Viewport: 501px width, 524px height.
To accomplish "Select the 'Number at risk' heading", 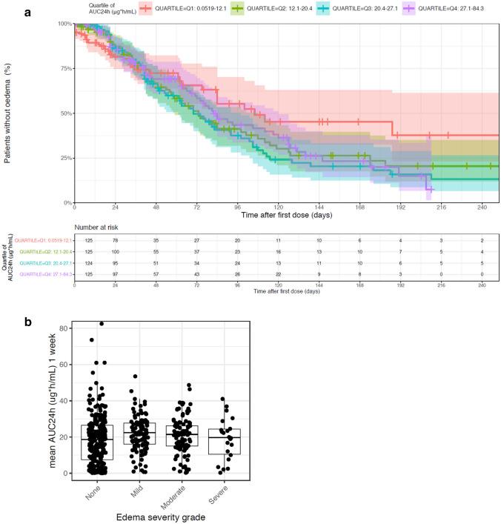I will (x=97, y=228).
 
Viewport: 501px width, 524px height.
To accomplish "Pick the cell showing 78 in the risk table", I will (x=115, y=241).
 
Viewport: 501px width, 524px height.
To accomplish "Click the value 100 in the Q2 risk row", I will (x=115, y=252).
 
